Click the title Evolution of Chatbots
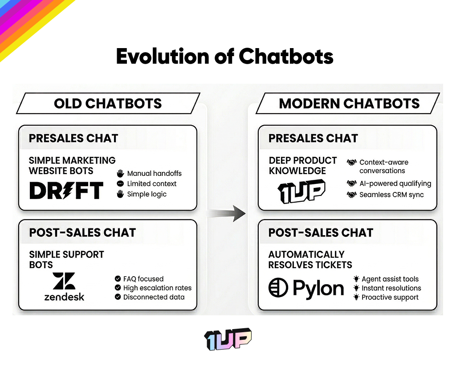click(224, 57)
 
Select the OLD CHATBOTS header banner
click(108, 103)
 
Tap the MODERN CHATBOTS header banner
click(349, 103)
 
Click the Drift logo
click(66, 190)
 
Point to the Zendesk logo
click(64, 287)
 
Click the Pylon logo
click(306, 288)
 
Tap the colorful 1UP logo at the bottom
click(228, 340)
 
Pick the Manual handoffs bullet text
click(154, 174)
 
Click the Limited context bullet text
click(151, 183)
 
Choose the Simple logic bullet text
click(147, 194)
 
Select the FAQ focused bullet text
click(143, 279)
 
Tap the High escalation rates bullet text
click(157, 288)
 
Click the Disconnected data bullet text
click(154, 297)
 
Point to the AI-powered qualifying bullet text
click(395, 183)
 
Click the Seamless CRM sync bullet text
click(391, 195)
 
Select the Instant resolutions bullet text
click(391, 288)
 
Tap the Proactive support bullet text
click(390, 297)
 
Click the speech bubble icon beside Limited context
click(120, 183)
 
